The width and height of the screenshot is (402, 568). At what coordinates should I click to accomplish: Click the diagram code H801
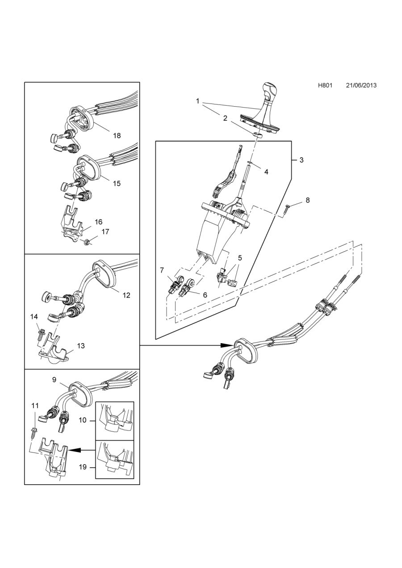click(325, 85)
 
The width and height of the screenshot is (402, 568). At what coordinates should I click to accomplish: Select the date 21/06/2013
click(361, 85)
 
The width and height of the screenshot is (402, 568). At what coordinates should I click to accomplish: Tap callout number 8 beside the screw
click(307, 200)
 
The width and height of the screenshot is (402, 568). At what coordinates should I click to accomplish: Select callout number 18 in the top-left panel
click(117, 136)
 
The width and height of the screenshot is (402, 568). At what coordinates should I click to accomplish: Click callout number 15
click(117, 183)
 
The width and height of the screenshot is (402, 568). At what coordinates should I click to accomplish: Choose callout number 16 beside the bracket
click(98, 222)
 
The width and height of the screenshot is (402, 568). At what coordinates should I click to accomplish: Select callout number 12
click(126, 295)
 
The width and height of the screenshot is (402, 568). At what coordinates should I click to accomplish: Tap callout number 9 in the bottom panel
click(54, 380)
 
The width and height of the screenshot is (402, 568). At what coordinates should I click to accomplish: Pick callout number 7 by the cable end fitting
click(162, 270)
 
